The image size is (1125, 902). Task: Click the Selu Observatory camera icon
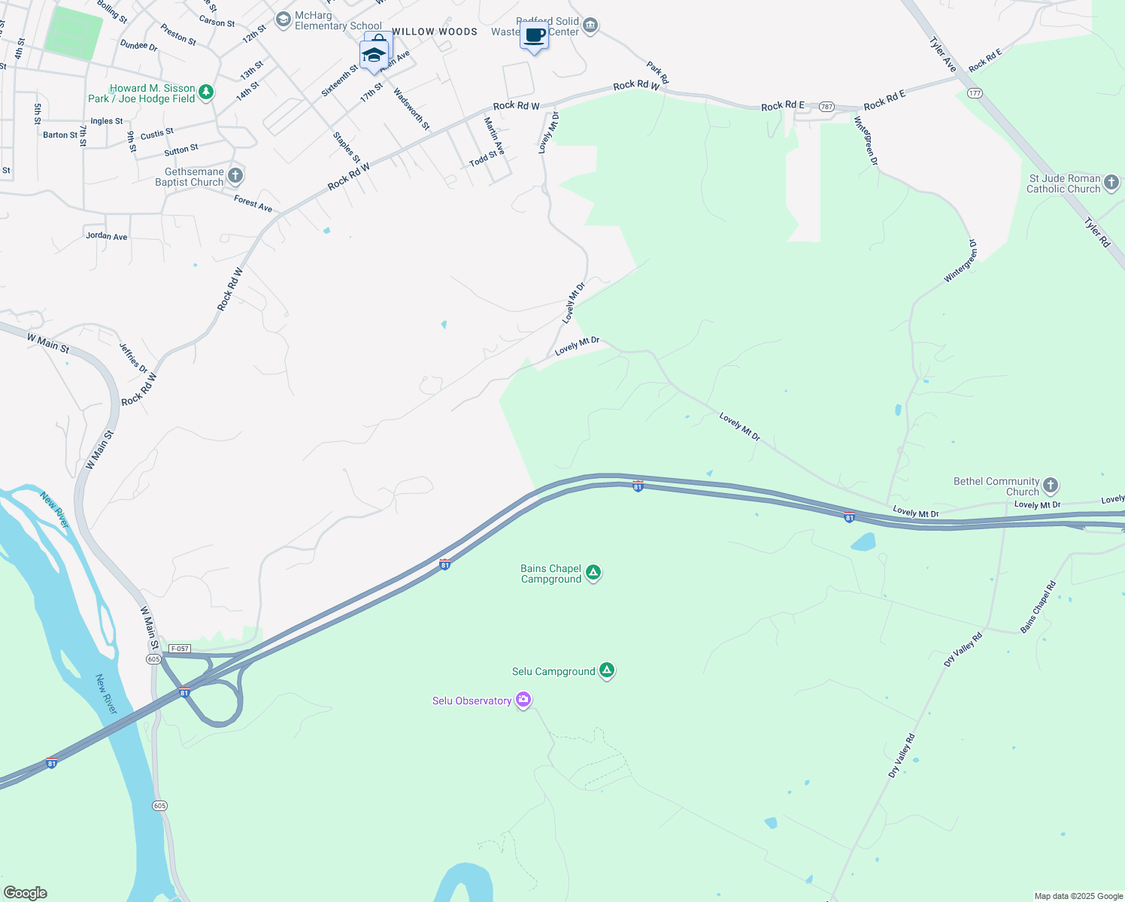pyautogui.click(x=523, y=700)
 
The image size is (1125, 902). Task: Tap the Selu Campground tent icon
pyautogui.click(x=607, y=670)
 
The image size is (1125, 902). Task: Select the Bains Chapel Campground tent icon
pyautogui.click(x=593, y=573)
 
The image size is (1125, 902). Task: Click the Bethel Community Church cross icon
pyautogui.click(x=1051, y=486)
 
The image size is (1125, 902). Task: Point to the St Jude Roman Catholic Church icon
pyautogui.click(x=1111, y=183)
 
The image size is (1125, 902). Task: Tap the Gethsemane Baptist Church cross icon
pyautogui.click(x=235, y=176)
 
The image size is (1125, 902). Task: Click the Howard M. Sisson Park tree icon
pyautogui.click(x=206, y=92)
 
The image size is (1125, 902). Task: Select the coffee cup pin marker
pyautogui.click(x=535, y=36)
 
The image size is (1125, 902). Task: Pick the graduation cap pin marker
pyautogui.click(x=374, y=55)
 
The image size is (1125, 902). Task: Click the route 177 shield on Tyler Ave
pyautogui.click(x=975, y=93)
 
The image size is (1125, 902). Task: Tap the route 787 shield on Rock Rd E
pyautogui.click(x=827, y=107)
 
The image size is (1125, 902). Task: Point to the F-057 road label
pyautogui.click(x=180, y=649)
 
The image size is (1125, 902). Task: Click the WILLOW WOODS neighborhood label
pyautogui.click(x=435, y=32)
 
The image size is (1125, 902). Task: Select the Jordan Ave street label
pyautogui.click(x=107, y=236)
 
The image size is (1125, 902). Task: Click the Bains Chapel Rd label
pyautogui.click(x=1039, y=607)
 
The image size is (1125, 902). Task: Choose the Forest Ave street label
pyautogui.click(x=253, y=203)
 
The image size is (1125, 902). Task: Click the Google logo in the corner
pyautogui.click(x=25, y=893)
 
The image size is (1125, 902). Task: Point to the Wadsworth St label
pyautogui.click(x=412, y=109)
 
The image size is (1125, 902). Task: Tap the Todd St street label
pyautogui.click(x=484, y=159)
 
